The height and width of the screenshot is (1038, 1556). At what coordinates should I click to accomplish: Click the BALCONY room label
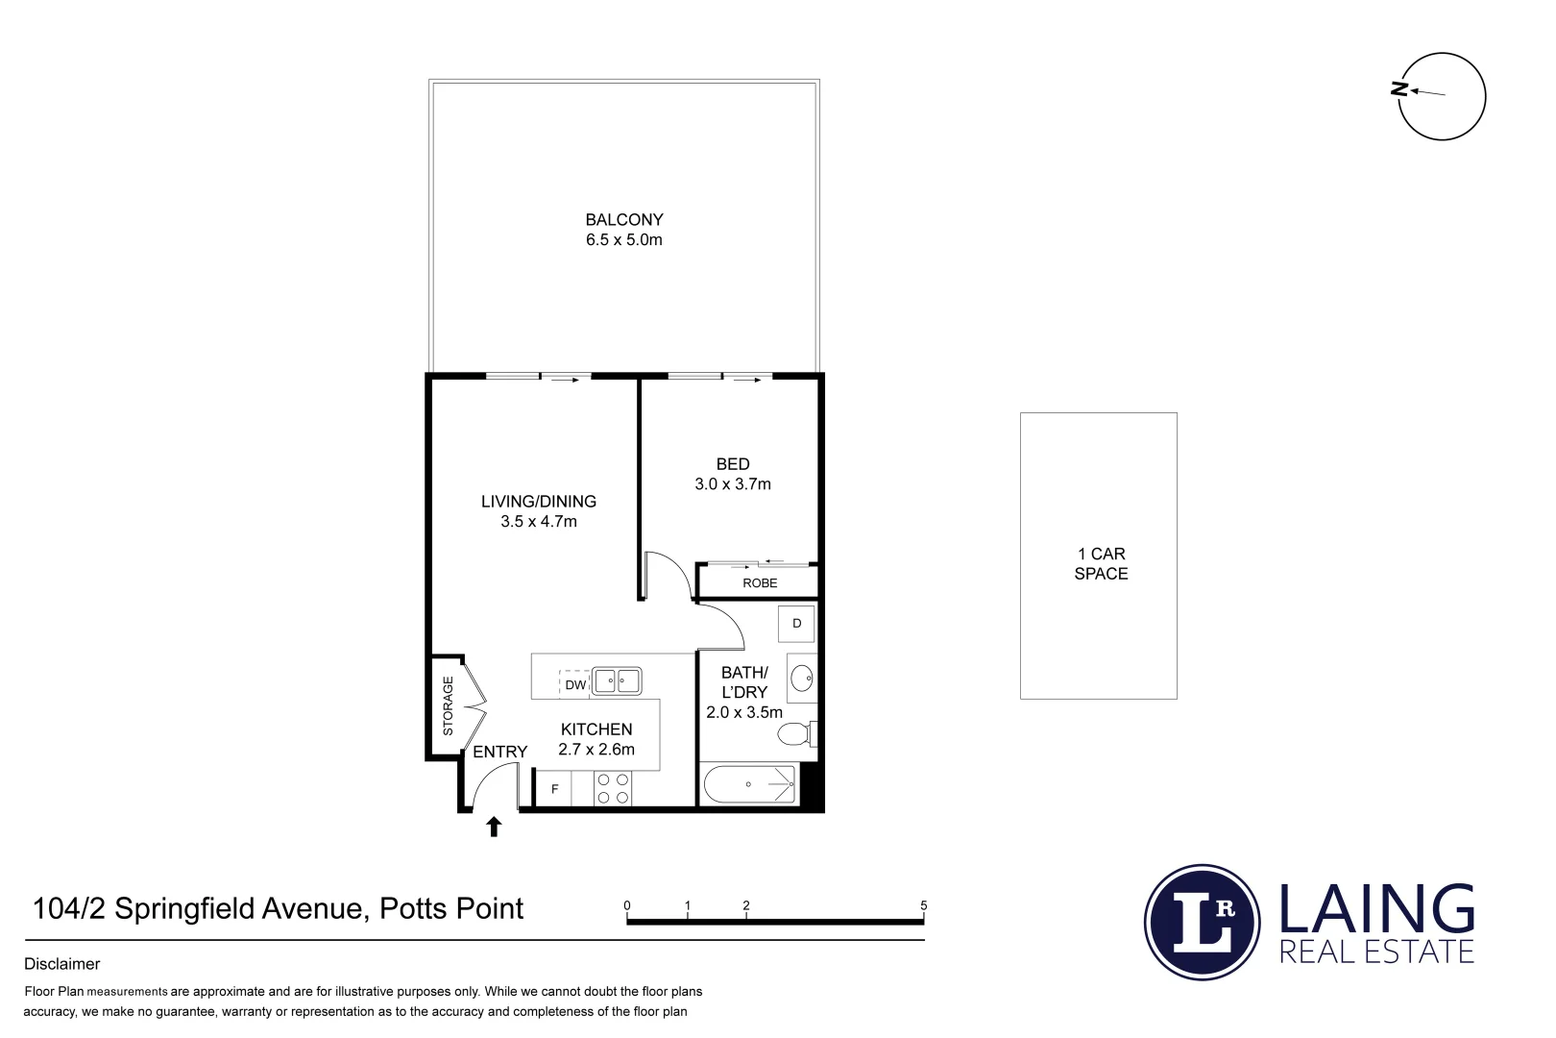[x=624, y=220]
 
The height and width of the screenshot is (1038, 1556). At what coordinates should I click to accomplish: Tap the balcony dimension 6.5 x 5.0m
[x=624, y=240]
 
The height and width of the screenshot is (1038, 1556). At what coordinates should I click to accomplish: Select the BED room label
[x=733, y=464]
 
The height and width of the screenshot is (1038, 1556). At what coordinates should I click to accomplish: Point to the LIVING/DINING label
[x=539, y=502]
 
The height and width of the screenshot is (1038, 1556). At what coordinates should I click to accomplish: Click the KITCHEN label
[x=596, y=729]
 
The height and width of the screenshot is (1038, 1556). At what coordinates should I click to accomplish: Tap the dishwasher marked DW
[x=574, y=684]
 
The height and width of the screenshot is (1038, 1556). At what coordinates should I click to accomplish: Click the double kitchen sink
[x=617, y=681]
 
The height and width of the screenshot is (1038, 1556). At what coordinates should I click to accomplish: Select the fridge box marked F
[x=554, y=790]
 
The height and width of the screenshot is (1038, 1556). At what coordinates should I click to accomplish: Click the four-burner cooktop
[x=613, y=789]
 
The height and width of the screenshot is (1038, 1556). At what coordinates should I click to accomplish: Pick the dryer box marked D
[x=796, y=624]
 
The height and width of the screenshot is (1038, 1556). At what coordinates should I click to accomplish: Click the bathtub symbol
[x=750, y=786]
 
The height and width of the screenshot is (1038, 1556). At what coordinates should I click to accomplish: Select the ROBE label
[x=760, y=583]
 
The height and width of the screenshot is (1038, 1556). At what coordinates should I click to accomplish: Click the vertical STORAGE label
[x=448, y=706]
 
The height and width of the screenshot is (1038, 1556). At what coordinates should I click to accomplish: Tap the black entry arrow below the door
[x=494, y=827]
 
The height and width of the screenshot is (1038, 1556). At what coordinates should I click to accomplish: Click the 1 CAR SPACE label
[x=1101, y=564]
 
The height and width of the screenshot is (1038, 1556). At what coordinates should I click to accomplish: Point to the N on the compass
[x=1400, y=89]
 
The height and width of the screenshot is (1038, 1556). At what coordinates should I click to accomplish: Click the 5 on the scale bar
[x=924, y=905]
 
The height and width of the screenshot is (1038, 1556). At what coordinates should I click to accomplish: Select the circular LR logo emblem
[x=1203, y=922]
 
